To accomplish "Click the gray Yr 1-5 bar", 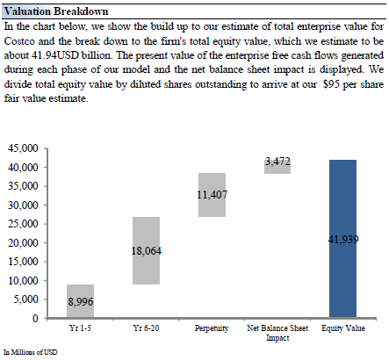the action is [x=80, y=301].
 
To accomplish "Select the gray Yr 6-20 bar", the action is [x=146, y=250].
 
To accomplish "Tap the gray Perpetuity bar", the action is [x=212, y=195].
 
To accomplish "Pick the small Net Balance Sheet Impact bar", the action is [x=277, y=167].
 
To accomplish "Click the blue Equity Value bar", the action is [x=342, y=239].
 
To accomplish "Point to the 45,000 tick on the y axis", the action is [x=23, y=148].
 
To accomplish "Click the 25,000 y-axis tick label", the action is [x=23, y=224].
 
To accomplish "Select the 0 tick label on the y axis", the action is [x=35, y=318].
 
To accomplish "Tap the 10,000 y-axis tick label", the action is [x=23, y=280].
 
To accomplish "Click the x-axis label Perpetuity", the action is [x=212, y=328].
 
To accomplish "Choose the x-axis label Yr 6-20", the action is [x=146, y=328].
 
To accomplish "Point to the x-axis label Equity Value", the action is [x=343, y=328].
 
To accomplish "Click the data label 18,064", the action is [x=146, y=251].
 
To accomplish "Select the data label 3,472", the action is [x=277, y=162].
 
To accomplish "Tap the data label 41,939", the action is [x=343, y=240].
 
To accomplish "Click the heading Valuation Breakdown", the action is [x=56, y=11].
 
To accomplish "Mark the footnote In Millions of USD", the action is [x=31, y=352].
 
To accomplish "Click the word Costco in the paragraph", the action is [x=20, y=41].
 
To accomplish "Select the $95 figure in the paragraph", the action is [x=331, y=84].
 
